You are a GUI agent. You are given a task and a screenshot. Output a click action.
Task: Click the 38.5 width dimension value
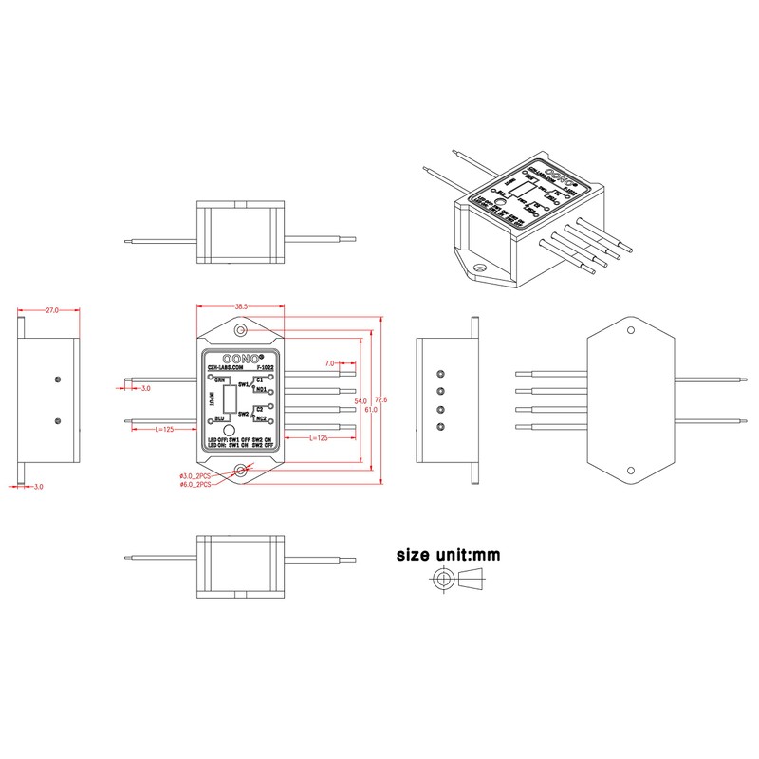click(x=241, y=306)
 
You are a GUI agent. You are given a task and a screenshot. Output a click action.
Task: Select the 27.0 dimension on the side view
click(x=51, y=309)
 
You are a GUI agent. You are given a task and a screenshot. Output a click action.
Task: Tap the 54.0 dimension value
click(x=360, y=402)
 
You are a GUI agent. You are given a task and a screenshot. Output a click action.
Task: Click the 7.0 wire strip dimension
click(x=329, y=363)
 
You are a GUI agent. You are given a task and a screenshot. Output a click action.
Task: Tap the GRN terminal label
click(x=219, y=379)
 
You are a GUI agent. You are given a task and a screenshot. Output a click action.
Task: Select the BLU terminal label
click(x=219, y=418)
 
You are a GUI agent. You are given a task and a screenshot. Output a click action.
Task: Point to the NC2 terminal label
click(x=261, y=418)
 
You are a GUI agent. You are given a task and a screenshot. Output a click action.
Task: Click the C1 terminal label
click(x=260, y=379)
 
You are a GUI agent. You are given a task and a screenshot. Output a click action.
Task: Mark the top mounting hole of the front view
click(x=241, y=330)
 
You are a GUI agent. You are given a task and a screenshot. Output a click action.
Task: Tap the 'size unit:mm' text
click(x=448, y=554)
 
